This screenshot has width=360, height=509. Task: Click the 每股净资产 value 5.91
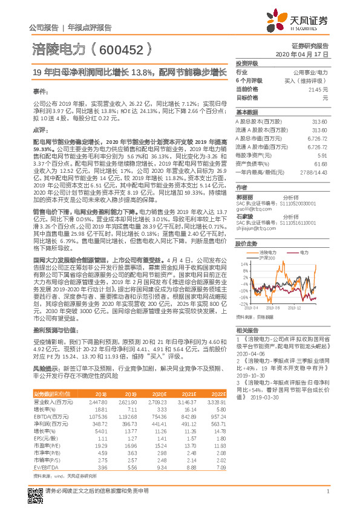[x=322, y=155]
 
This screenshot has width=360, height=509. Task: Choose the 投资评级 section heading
[x=246, y=63]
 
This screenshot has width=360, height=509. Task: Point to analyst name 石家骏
[x=244, y=216]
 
